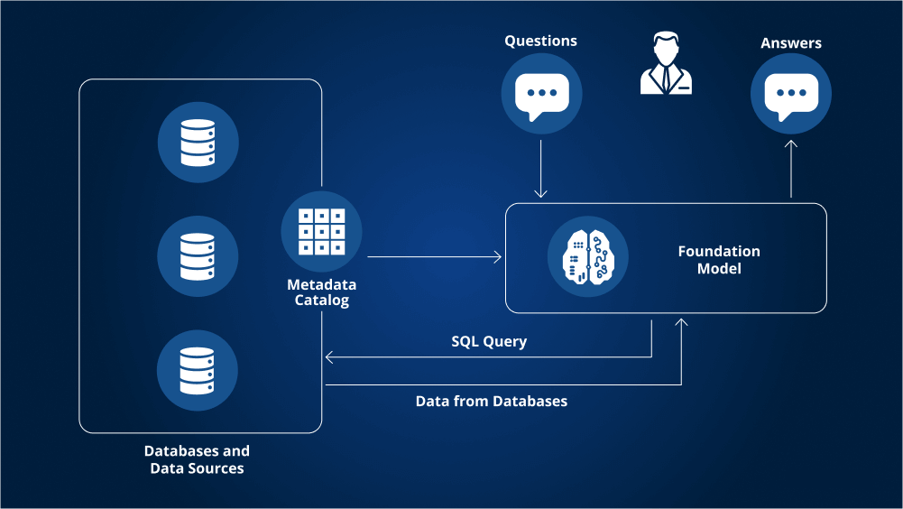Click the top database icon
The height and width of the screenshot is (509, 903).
click(x=198, y=143)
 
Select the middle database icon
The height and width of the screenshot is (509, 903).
click(x=198, y=256)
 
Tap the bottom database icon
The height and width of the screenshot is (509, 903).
click(x=197, y=371)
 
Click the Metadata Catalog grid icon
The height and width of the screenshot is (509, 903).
click(x=321, y=232)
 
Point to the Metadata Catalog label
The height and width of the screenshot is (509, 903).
click(x=321, y=292)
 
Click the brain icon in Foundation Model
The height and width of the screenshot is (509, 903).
click(x=588, y=257)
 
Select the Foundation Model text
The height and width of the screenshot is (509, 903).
click(x=719, y=259)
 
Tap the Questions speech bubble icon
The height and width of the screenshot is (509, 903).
click(x=541, y=94)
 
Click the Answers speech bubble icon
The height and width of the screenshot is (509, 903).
click(x=791, y=94)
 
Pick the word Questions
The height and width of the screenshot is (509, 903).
click(x=540, y=41)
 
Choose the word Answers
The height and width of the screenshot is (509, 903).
click(x=791, y=42)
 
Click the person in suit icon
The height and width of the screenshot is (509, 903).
click(x=667, y=63)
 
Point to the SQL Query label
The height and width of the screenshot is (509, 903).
click(x=489, y=341)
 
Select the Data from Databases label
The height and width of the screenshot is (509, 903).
click(x=492, y=402)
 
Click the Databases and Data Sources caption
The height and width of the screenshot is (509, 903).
click(x=197, y=459)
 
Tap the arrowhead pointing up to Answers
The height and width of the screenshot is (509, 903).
click(x=791, y=144)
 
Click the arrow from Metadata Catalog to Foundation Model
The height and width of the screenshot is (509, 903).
click(x=434, y=256)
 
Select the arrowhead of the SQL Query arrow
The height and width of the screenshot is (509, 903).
click(x=329, y=357)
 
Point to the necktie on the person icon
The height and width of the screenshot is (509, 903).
click(x=667, y=78)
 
